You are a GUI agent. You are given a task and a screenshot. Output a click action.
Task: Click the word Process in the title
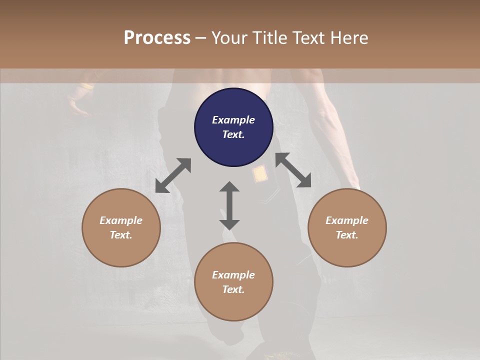[157, 38]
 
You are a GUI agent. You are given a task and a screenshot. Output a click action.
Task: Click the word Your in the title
[229, 38]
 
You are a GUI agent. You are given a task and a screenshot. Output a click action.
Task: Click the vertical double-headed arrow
[229, 205]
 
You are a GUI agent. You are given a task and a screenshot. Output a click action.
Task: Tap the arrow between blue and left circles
[173, 175]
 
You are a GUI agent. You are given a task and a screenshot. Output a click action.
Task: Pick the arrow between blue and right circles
[293, 170]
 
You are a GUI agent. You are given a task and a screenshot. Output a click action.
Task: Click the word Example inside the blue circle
[233, 120]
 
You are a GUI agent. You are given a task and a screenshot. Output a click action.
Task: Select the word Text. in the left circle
[121, 235]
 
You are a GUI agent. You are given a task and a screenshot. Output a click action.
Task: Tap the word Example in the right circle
[347, 220]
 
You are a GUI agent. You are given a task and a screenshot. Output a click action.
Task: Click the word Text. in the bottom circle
[233, 289]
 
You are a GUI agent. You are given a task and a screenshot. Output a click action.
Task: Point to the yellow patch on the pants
[259, 174]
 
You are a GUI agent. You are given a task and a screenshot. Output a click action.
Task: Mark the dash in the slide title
[200, 38]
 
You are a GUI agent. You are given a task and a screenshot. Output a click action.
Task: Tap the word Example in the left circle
[121, 220]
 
